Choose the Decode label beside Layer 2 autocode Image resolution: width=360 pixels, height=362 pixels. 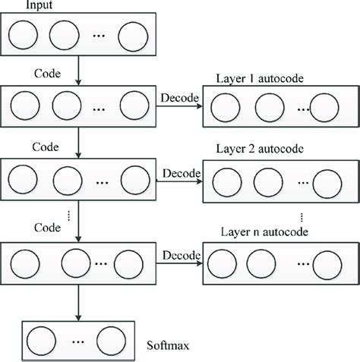[180, 172]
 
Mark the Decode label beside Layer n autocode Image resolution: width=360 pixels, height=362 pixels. [180, 253]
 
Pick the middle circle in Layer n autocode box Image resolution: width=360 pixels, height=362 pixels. [267, 266]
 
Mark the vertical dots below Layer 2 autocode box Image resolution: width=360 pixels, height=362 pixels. [304, 216]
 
